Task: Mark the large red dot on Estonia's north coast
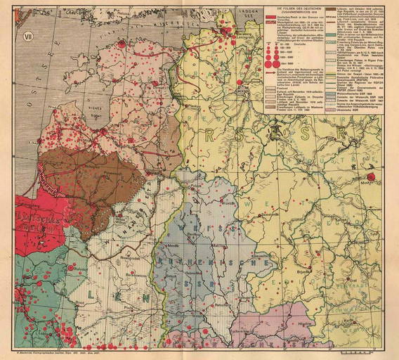click(x=121, y=44)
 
